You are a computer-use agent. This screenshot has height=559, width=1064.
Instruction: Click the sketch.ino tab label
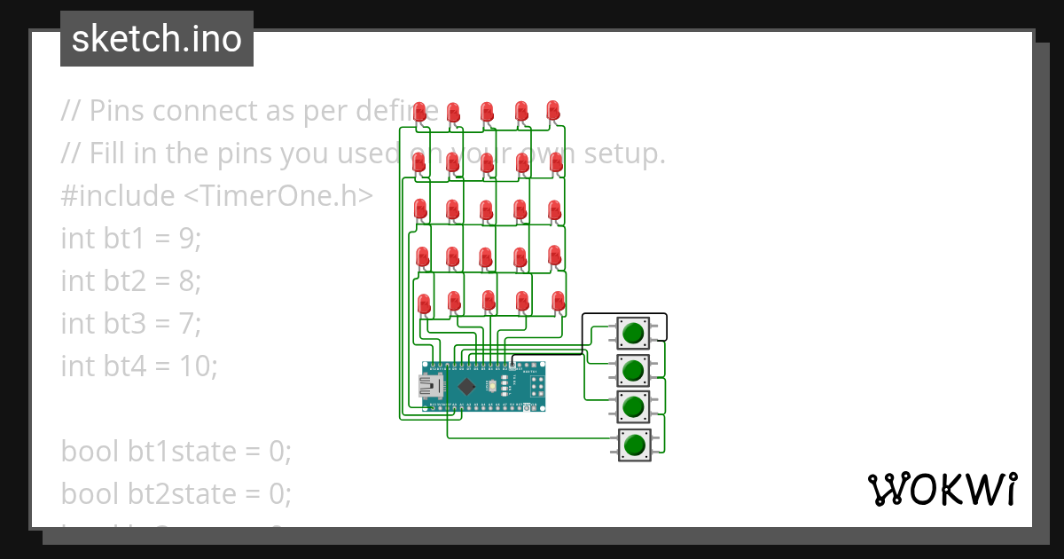pyautogui.click(x=157, y=39)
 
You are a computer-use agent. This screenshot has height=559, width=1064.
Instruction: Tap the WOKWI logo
pyautogui.click(x=942, y=489)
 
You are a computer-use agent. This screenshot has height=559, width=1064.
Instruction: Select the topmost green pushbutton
pyautogui.click(x=632, y=334)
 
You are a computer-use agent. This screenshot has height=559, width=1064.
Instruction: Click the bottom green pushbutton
pyautogui.click(x=632, y=444)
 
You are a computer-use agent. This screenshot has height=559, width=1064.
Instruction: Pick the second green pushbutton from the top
pyautogui.click(x=632, y=369)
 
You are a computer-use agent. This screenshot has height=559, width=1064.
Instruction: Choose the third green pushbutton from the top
pyautogui.click(x=632, y=406)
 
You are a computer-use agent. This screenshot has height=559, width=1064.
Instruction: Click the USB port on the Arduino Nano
pyautogui.click(x=432, y=386)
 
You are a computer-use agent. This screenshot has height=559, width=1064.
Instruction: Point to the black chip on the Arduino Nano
pyautogui.click(x=465, y=386)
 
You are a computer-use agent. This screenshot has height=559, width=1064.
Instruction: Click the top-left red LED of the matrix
pyautogui.click(x=420, y=110)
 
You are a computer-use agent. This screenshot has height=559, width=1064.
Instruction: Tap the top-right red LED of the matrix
pyautogui.click(x=553, y=110)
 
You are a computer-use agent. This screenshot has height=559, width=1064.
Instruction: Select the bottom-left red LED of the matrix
pyautogui.click(x=424, y=303)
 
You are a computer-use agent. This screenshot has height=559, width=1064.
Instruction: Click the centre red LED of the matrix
pyautogui.click(x=486, y=209)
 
